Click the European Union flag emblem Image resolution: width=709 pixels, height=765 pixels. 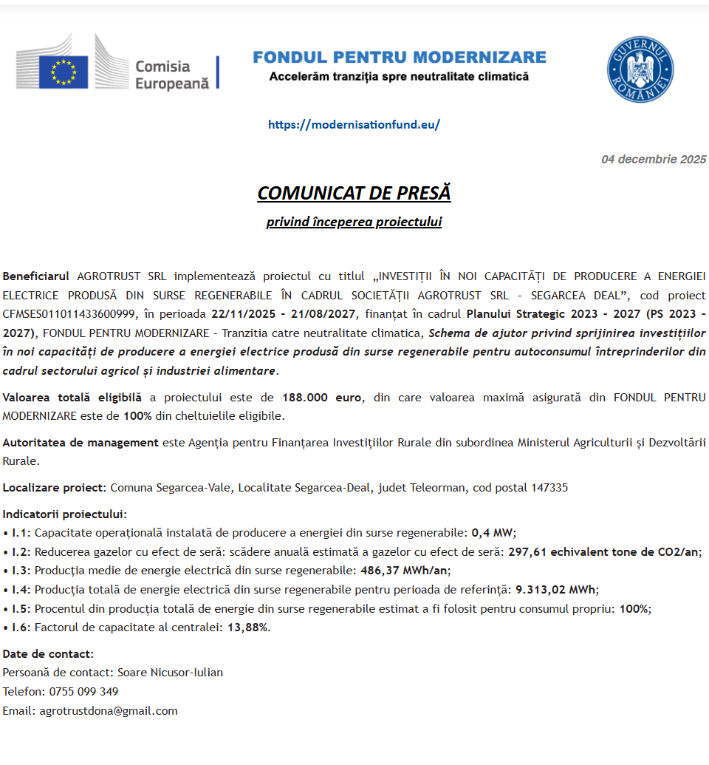64,72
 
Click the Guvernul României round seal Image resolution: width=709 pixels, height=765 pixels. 640,69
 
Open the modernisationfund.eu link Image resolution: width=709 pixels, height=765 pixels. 354,124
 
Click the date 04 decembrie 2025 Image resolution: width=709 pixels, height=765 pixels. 654,159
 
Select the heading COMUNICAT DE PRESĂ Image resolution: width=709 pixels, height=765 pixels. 354,193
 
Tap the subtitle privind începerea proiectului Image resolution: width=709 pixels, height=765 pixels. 354,222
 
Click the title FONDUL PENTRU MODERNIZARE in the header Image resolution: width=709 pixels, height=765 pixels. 399,57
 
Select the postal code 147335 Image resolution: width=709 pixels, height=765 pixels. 549,487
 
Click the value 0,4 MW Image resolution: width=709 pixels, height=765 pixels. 493,532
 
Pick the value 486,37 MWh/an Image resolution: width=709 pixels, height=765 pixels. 405,571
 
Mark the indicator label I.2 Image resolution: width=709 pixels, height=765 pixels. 21,551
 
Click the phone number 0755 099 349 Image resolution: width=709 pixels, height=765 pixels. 83,692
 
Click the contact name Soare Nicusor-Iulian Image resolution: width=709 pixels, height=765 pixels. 170,673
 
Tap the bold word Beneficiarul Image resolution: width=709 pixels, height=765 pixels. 36,276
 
